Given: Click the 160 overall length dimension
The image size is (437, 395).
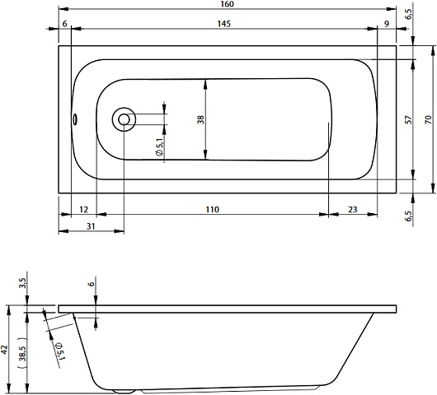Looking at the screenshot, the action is click(227, 4).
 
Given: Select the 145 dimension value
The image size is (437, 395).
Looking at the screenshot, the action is click(224, 24).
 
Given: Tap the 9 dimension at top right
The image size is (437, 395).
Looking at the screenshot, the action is click(387, 24).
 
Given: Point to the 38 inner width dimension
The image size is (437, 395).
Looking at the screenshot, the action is click(200, 119).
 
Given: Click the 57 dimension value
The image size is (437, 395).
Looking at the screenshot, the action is click(408, 119).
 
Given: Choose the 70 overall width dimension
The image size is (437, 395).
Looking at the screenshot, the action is click(429, 119).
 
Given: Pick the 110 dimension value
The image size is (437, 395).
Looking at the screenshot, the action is click(212, 209).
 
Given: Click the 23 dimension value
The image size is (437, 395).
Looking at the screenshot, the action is click(353, 209).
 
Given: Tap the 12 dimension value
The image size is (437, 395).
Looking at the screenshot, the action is click(83, 209).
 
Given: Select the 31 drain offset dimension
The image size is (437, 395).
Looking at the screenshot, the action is click(91, 226).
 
